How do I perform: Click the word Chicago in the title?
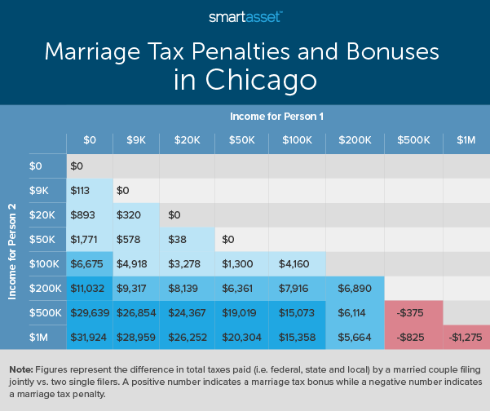click(x=245, y=81)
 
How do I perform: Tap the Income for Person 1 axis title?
click(x=276, y=117)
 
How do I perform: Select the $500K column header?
click(x=413, y=140)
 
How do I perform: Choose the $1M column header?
click(x=465, y=140)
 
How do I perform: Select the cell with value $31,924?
click(x=89, y=337)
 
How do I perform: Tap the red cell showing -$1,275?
click(x=465, y=337)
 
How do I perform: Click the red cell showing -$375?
click(x=413, y=313)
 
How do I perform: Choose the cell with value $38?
click(x=186, y=240)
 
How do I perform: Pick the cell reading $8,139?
click(x=188, y=289)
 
